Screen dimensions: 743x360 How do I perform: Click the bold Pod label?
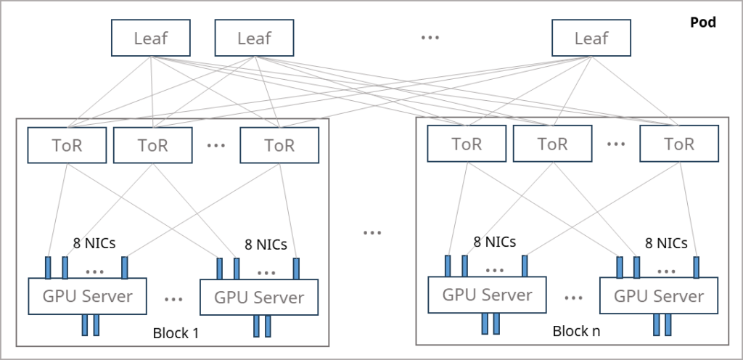coord(702,22)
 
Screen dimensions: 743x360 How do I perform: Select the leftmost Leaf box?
coord(151,38)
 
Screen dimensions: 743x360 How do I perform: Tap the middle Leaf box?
coord(254,38)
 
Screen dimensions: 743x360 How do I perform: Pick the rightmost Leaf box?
coord(591,38)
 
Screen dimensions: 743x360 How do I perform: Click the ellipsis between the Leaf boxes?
coord(430,38)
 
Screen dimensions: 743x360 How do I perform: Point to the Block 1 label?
coord(176,333)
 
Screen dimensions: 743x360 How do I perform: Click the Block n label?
coord(576,331)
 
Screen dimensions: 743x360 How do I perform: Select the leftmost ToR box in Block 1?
coord(67,145)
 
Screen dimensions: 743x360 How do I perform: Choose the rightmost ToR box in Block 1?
coord(279,145)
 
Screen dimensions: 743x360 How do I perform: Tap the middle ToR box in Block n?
coord(552,144)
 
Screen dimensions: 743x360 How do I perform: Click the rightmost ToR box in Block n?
coord(679,144)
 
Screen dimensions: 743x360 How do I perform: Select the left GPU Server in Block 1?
coord(88,296)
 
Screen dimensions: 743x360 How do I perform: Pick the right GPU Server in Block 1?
coord(259,297)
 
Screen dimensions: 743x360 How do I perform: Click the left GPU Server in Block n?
coord(487,295)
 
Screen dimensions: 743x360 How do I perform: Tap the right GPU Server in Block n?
coord(659,295)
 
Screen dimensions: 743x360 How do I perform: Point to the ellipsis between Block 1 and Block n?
coord(372,232)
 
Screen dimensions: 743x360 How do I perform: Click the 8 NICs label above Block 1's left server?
coord(94,243)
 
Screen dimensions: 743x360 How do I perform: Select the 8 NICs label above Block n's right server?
coord(666,243)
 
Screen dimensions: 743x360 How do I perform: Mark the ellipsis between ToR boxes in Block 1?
coord(216,145)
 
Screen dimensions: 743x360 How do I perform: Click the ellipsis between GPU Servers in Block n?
coord(573,298)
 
